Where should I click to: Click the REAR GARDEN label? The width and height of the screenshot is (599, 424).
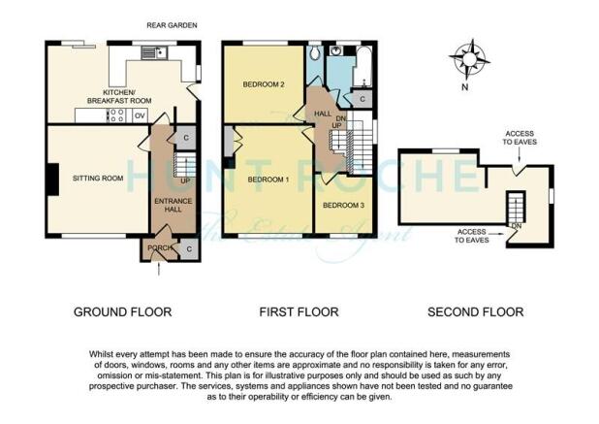(172, 25)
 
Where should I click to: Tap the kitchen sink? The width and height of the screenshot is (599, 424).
(154, 52)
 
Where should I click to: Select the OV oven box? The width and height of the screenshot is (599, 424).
(140, 115)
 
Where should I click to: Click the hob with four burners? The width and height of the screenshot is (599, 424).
(117, 115)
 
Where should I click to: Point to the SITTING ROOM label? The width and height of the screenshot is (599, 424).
(98, 179)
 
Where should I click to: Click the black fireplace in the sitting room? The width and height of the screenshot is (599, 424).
(52, 179)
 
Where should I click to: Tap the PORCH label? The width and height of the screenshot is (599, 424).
(160, 247)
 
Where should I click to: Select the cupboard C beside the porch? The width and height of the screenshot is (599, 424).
(189, 249)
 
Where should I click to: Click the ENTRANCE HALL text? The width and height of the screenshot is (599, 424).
(173, 206)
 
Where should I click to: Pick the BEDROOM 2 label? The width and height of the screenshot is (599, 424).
(264, 84)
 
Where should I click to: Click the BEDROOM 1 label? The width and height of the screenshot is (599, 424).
(268, 179)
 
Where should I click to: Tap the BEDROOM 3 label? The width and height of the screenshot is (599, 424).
(343, 206)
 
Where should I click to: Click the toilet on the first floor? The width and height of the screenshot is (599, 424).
(315, 52)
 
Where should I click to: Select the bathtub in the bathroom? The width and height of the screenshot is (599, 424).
(363, 66)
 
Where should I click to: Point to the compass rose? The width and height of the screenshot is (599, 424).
(469, 59)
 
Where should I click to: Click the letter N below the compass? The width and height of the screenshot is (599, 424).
(464, 87)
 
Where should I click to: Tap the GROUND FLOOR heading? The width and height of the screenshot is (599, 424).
(123, 312)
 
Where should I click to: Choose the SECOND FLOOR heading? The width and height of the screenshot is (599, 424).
(476, 312)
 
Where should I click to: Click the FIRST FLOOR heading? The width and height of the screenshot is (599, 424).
(299, 312)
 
